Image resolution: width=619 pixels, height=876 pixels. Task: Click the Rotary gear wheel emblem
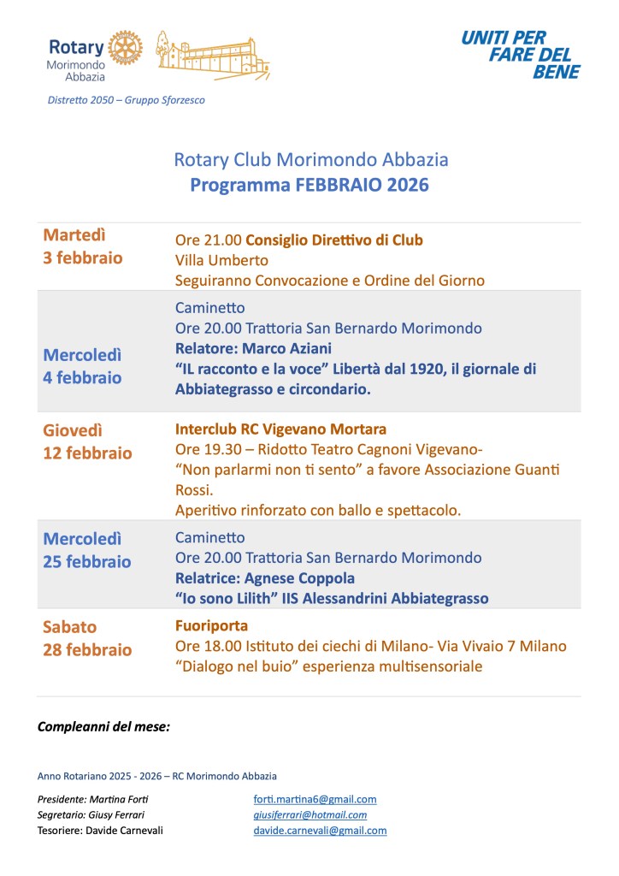124,48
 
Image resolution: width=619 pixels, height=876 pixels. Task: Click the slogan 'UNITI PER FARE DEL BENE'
520,55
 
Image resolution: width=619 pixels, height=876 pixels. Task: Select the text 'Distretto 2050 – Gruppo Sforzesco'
127,100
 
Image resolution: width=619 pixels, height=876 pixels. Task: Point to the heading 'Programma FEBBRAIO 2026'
309,185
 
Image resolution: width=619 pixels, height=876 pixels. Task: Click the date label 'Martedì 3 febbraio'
83,246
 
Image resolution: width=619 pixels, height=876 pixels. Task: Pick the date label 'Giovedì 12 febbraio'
87,442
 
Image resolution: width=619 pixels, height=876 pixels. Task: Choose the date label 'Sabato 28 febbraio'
87,638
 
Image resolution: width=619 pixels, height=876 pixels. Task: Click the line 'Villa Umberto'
221,260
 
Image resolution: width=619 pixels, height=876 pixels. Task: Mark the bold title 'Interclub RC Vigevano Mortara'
280,429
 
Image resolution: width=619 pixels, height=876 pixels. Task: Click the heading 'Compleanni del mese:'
103,727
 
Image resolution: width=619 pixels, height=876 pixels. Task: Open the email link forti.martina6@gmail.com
315,799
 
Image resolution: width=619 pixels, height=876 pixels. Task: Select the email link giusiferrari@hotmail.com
309,814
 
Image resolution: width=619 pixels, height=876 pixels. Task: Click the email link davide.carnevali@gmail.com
320,830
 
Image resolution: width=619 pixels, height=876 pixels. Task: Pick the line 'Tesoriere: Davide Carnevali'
100,830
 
